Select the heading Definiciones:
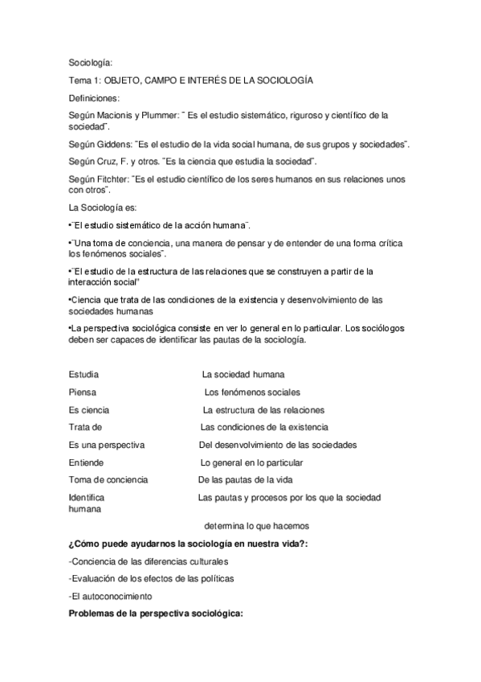[94, 98]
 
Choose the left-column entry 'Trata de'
[85, 427]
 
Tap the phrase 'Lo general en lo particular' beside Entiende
[251, 462]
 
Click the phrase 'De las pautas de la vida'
[245, 480]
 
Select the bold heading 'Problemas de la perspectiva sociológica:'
[156, 614]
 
